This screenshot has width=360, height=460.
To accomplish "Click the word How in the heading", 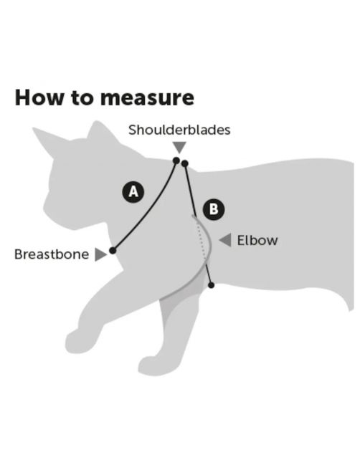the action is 39,97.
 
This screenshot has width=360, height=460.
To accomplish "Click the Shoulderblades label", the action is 179,130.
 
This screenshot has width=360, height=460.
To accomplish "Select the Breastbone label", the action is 52,254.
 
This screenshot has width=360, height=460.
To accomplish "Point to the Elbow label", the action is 257,241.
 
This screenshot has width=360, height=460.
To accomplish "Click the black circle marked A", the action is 133,192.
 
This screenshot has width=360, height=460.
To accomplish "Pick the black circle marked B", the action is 214,209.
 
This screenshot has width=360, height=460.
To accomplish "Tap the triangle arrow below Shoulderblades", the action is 179,148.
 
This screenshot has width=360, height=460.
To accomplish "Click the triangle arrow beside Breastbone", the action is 100,254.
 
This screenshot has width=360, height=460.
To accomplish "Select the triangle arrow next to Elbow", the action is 225,240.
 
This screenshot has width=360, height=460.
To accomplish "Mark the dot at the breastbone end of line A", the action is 113,251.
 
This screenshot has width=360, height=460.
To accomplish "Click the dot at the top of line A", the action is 176,160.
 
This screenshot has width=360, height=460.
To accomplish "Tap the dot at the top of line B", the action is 185,163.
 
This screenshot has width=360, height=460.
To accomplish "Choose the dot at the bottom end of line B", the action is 211,285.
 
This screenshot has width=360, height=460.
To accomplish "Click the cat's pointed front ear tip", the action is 34,129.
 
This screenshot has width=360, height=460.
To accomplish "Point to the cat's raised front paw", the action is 77,342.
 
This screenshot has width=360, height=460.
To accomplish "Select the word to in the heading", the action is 82,98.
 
